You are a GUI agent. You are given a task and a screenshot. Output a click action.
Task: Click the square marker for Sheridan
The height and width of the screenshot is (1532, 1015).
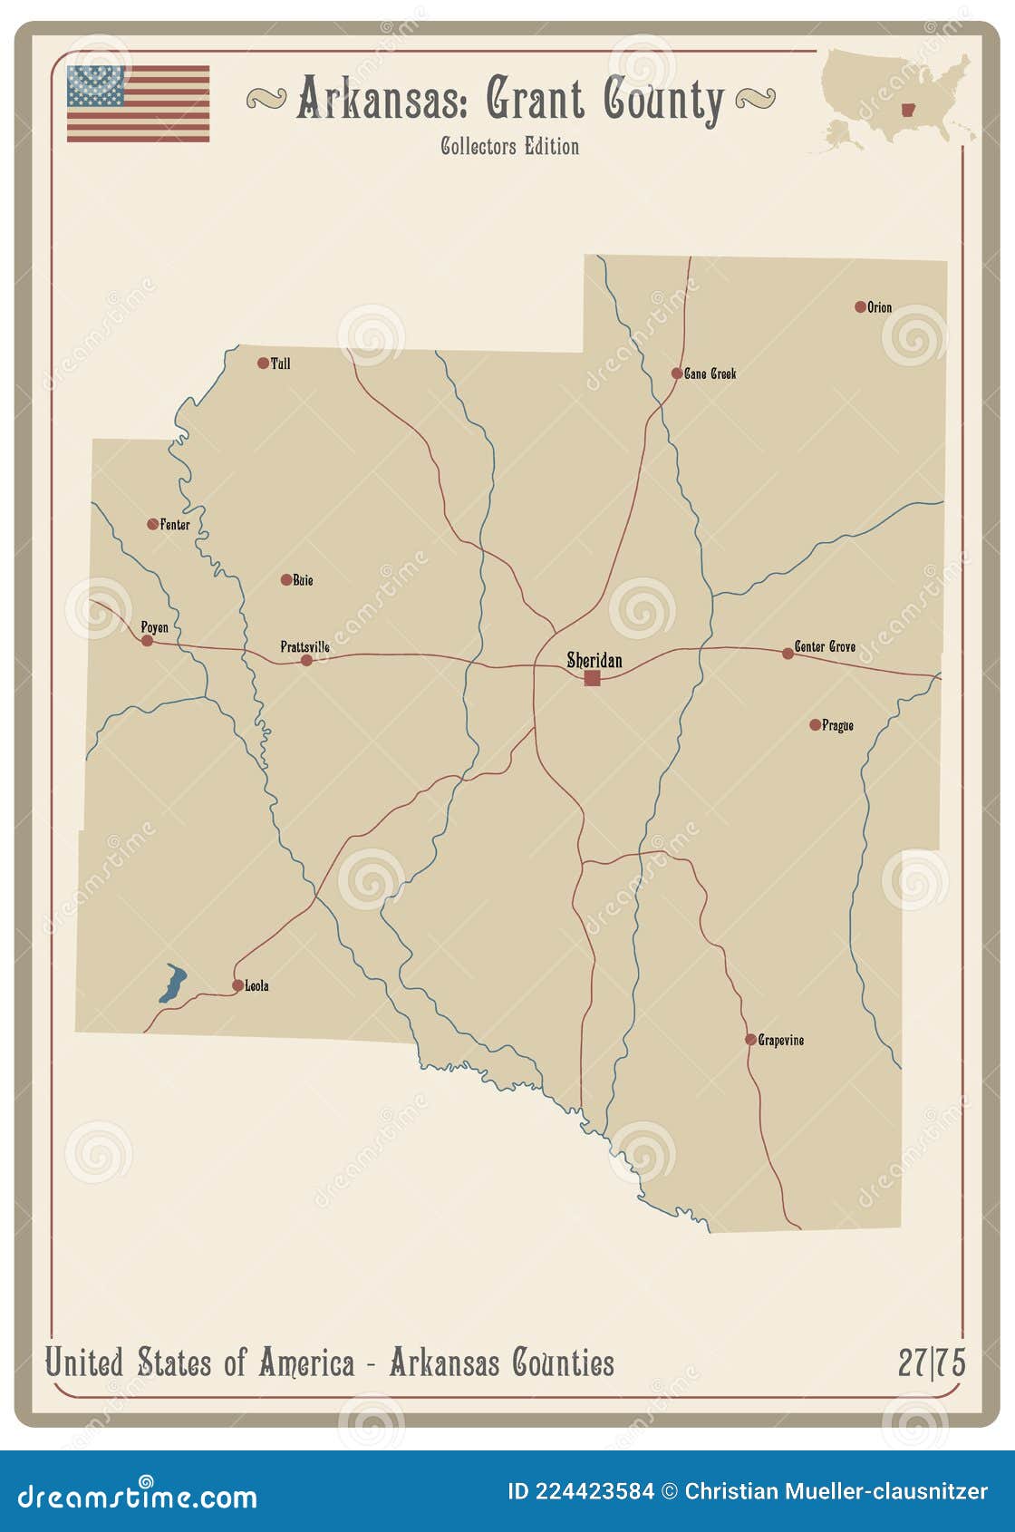pyautogui.click(x=592, y=678)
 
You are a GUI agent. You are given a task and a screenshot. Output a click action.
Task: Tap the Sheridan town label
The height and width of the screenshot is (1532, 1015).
pyautogui.click(x=594, y=660)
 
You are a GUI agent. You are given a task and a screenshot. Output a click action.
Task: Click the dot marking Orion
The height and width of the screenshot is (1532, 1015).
pyautogui.click(x=860, y=307)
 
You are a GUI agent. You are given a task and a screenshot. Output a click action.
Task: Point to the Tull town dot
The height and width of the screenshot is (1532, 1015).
pyautogui.click(x=263, y=364)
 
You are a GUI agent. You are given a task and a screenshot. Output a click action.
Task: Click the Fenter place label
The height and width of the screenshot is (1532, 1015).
pyautogui.click(x=175, y=525)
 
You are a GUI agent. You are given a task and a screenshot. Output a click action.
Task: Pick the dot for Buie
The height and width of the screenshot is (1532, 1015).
pyautogui.click(x=286, y=580)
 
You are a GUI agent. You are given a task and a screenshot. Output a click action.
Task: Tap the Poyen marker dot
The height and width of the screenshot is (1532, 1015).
pyautogui.click(x=147, y=641)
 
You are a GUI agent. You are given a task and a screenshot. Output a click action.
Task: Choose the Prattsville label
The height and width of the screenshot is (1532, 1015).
pyautogui.click(x=304, y=646)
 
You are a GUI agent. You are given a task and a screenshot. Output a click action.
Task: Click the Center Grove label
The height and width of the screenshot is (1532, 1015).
pyautogui.click(x=825, y=646)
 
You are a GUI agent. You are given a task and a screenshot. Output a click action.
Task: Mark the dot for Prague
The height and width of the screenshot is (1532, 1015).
pyautogui.click(x=815, y=725)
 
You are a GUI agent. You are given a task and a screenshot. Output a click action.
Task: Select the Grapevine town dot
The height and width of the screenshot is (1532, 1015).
pyautogui.click(x=750, y=1040)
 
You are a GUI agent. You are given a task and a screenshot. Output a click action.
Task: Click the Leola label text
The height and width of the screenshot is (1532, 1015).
pyautogui.click(x=256, y=986)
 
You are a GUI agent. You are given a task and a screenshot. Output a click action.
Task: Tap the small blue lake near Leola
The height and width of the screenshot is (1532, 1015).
pyautogui.click(x=172, y=984)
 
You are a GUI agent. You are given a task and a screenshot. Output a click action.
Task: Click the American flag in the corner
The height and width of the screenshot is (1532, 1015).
pyautogui.click(x=138, y=103)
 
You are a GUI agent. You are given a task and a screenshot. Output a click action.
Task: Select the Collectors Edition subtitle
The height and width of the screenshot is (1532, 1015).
pyautogui.click(x=509, y=146)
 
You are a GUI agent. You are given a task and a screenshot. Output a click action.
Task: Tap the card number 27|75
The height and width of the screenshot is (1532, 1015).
pyautogui.click(x=931, y=1362)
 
